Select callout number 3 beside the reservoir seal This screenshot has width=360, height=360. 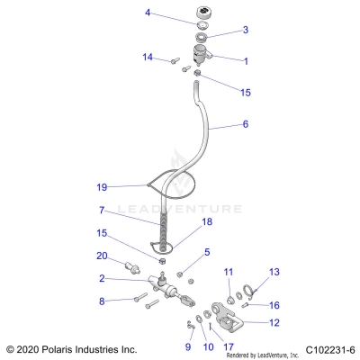[246, 30]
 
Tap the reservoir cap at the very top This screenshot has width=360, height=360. [200, 17]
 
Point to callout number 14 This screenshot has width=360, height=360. [148, 58]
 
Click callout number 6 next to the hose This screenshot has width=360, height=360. [246, 125]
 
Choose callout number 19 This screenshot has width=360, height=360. [102, 187]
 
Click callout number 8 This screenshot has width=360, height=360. [102, 301]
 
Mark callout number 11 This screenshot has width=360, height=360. [229, 272]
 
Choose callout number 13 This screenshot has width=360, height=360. [274, 272]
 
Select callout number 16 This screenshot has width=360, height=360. [274, 304]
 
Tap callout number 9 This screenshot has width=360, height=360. [188, 346]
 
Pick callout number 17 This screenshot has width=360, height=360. [229, 346]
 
